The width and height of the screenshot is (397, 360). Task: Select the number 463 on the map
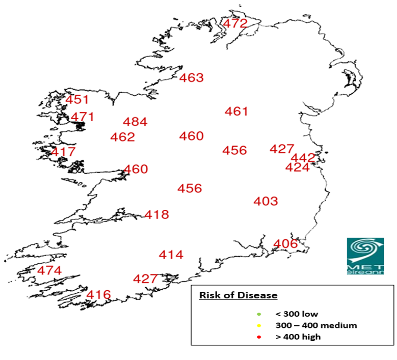[192, 78]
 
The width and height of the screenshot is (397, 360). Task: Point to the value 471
[83, 117]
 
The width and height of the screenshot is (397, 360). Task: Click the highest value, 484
[135, 122]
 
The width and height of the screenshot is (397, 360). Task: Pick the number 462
[123, 137]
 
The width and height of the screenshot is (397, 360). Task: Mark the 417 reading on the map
[63, 152]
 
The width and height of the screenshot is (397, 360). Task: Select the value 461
[236, 112]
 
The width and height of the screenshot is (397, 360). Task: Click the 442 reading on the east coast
[303, 158]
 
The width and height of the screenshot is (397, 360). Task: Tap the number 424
[298, 168]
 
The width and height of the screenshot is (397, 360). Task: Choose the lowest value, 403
[266, 201]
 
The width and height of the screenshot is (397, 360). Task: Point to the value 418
[156, 215]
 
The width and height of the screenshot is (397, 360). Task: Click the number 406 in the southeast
[285, 244]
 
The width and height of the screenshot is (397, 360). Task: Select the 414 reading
[171, 255]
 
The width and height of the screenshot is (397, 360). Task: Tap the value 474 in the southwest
[49, 270]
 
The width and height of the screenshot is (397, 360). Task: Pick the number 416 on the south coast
[98, 295]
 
